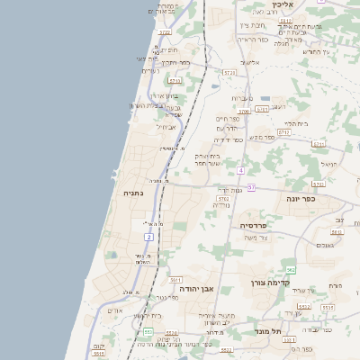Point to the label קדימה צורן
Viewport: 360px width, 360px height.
[273, 282]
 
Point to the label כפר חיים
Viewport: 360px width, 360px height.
[227, 119]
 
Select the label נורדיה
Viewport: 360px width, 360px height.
[221, 205]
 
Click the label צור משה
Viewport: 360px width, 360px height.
[257, 238]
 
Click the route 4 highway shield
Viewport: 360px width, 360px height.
[241, 169]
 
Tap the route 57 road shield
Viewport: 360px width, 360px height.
[252, 187]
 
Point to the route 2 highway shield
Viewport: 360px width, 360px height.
[148, 236]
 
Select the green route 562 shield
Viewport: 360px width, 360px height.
[290, 269]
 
